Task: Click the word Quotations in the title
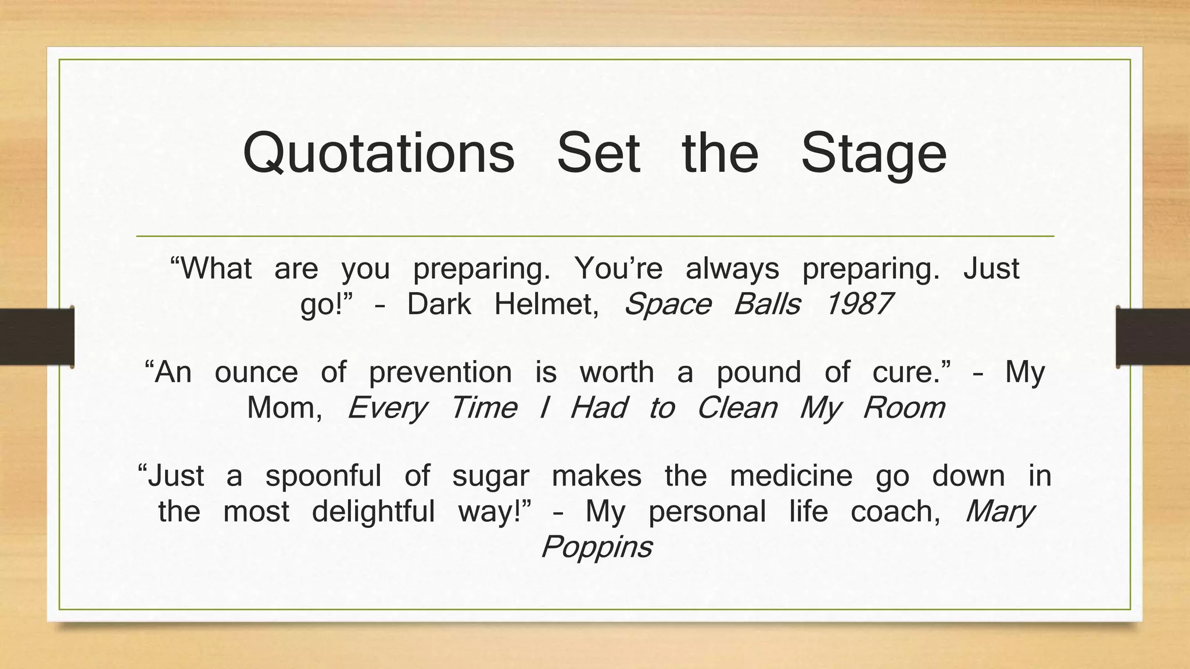(378, 154)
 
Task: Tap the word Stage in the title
(873, 154)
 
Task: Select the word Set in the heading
(598, 153)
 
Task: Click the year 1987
(859, 304)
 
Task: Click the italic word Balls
(767, 304)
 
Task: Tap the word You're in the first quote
(618, 268)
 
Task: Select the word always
(732, 268)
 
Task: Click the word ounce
(256, 372)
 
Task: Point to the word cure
(911, 372)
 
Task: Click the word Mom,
(285, 408)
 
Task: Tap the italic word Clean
(737, 408)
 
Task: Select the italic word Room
(904, 408)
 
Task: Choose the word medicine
(791, 476)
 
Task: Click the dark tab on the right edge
(1152, 337)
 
